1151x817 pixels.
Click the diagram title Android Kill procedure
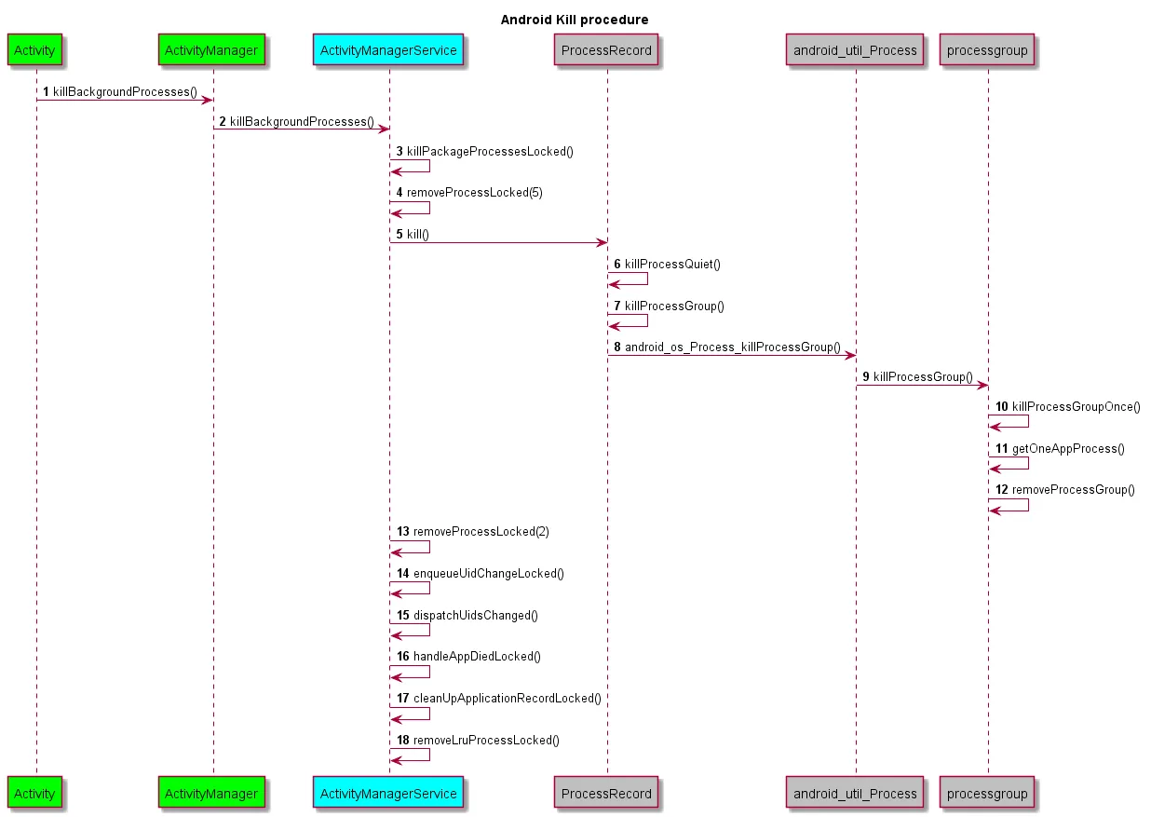pyautogui.click(x=575, y=20)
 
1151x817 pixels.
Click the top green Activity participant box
pyautogui.click(x=36, y=50)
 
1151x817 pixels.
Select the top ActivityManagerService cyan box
pyautogui.click(x=388, y=50)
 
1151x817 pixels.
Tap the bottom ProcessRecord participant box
pyautogui.click(x=606, y=794)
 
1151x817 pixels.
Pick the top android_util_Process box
pyautogui.click(x=855, y=50)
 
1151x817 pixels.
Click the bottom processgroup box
pyautogui.click(x=987, y=794)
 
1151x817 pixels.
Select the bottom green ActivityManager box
pyautogui.click(x=211, y=794)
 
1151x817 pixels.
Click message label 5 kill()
pyautogui.click(x=417, y=234)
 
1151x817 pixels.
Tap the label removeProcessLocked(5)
pyautogui.click(x=474, y=193)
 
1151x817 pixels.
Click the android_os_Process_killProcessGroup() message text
pyautogui.click(x=732, y=347)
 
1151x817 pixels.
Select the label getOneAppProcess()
pyautogui.click(x=1068, y=449)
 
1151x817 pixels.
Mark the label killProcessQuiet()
pyautogui.click(x=672, y=265)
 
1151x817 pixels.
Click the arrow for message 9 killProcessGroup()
pyautogui.click(x=922, y=386)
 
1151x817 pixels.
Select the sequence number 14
pyautogui.click(x=403, y=574)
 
